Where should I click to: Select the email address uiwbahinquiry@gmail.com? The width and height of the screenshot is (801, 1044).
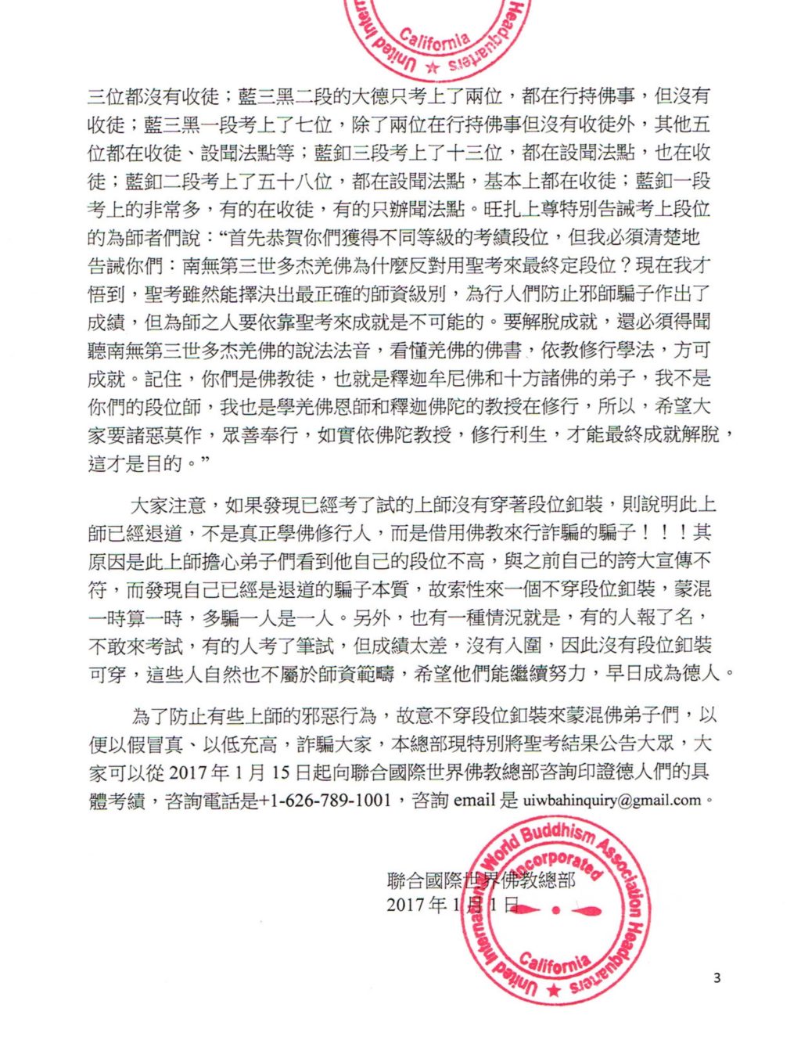pyautogui.click(x=611, y=800)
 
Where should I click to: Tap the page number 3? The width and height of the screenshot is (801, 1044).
pyautogui.click(x=716, y=977)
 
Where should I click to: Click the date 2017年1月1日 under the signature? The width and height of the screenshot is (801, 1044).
pyautogui.click(x=452, y=905)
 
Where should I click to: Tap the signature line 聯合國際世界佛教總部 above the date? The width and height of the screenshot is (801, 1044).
pyautogui.click(x=481, y=880)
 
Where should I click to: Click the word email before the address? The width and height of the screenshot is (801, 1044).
pyautogui.click(x=476, y=800)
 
